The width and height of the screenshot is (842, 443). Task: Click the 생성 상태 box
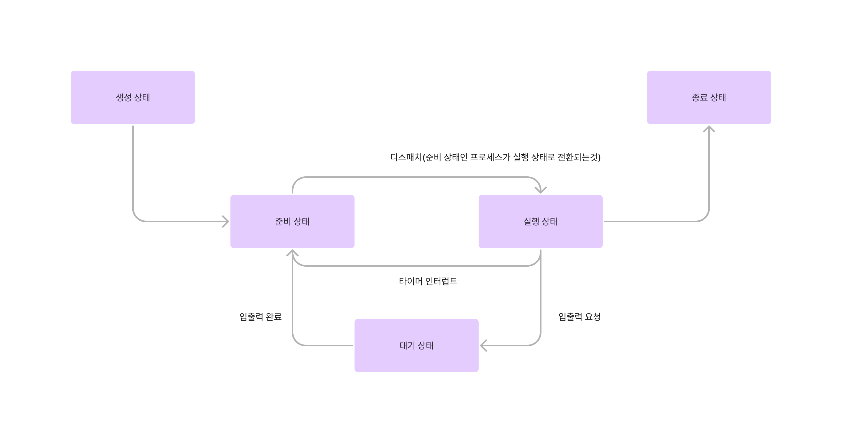pos(133,97)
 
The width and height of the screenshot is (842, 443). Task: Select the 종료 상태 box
pos(709,97)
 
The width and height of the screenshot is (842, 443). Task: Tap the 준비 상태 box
pos(292,221)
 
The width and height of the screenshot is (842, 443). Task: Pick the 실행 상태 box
pos(540,221)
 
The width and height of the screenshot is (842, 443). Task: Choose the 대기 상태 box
pos(416,345)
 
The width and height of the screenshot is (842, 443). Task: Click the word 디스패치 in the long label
pos(406,158)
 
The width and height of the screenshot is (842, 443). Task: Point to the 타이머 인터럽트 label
pos(428,281)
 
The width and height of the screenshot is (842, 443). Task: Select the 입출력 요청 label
pos(579,316)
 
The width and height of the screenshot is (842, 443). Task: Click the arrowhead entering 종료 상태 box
pos(709,129)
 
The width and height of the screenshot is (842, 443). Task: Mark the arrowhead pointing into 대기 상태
pos(483,345)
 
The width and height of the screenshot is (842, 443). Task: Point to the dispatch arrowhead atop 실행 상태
pos(540,190)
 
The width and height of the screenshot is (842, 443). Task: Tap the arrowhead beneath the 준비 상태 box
pos(292,253)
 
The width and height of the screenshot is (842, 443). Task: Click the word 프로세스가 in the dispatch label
pos(490,158)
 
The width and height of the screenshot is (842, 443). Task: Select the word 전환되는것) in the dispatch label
pos(579,158)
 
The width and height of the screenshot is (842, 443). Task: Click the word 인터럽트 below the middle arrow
pos(441,281)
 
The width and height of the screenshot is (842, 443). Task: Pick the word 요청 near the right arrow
pos(593,316)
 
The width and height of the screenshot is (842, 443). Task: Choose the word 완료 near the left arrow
pos(274,316)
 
